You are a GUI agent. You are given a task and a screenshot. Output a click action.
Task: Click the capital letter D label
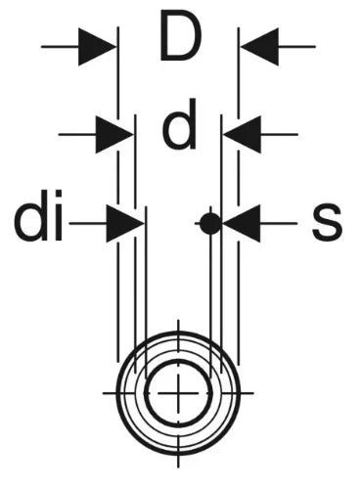tap(180, 36)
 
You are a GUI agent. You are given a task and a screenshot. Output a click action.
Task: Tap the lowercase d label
tap(180, 124)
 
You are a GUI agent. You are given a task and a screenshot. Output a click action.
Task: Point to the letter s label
tap(327, 222)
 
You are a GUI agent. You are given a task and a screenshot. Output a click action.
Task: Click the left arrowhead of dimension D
tap(97, 47)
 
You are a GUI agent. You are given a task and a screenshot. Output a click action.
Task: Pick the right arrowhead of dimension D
tap(260, 47)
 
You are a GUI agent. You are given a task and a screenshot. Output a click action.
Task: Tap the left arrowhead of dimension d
tap(114, 134)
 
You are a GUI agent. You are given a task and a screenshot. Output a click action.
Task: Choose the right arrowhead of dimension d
tap(243, 134)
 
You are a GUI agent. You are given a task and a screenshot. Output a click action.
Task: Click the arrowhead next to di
tap(125, 224)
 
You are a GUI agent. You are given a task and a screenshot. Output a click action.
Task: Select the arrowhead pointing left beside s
tap(242, 224)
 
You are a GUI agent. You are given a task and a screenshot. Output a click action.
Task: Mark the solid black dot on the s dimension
tap(210, 224)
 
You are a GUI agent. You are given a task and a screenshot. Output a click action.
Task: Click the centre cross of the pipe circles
tap(178, 393)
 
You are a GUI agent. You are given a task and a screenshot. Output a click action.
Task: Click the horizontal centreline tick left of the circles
tap(110, 393)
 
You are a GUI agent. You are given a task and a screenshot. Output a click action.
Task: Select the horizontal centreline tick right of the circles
tap(247, 393)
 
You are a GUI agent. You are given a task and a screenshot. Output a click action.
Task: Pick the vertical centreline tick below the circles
tap(178, 462)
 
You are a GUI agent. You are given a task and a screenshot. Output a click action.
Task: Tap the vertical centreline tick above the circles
tap(178, 326)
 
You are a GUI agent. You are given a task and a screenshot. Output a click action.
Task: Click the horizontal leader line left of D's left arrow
tap(60, 47)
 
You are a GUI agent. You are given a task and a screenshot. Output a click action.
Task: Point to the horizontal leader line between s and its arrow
tap(279, 224)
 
